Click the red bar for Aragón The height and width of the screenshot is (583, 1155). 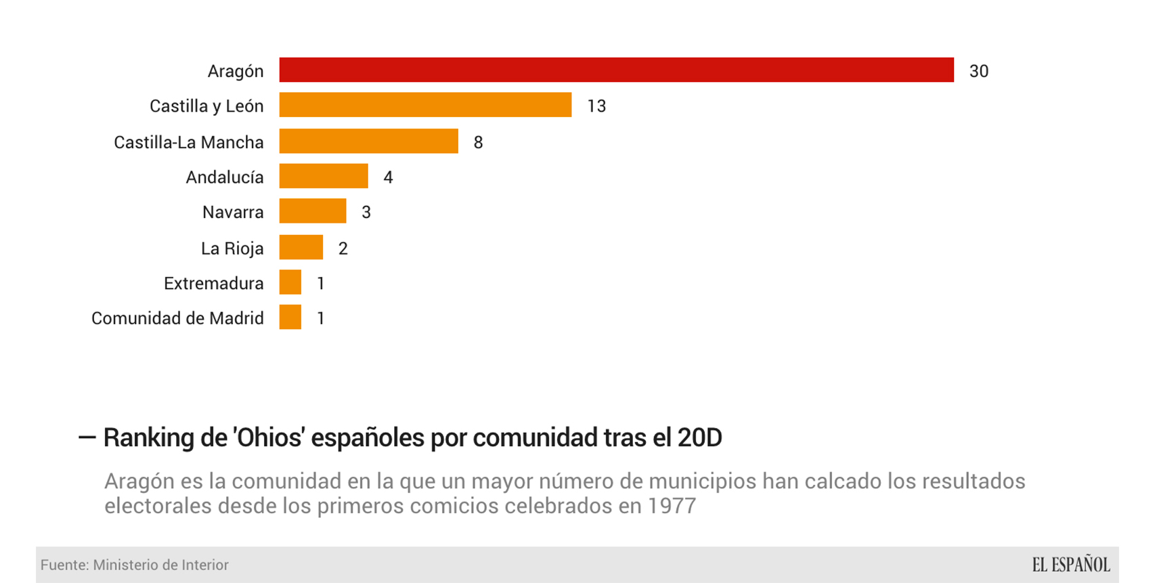(616, 70)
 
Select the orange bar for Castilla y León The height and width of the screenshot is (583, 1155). (425, 106)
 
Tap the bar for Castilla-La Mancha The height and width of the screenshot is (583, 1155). (368, 142)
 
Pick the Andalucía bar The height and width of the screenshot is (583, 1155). (324, 177)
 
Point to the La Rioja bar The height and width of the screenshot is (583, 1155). (301, 248)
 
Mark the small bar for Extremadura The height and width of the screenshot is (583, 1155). (290, 282)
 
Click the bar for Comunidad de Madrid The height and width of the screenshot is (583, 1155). (290, 318)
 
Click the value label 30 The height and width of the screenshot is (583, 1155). (978, 71)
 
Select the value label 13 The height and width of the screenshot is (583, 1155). (596, 106)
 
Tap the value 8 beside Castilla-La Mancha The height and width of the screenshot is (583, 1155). (478, 142)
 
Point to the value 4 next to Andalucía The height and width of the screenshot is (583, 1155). (388, 177)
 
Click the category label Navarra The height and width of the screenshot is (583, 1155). (233, 213)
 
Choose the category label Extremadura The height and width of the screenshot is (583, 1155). (213, 284)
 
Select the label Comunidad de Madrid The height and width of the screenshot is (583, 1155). (177, 318)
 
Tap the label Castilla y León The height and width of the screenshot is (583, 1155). (206, 106)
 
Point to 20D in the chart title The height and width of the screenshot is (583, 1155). (699, 438)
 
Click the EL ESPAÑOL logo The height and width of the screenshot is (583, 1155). (1070, 565)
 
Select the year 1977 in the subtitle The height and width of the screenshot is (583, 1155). (671, 506)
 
